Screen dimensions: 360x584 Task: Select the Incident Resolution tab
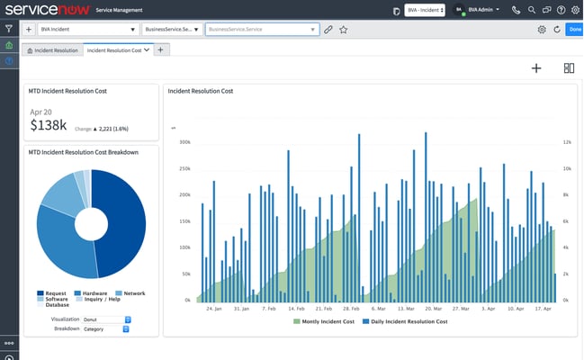point(52,50)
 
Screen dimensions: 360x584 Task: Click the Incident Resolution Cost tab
point(113,50)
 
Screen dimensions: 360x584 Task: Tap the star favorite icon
point(344,30)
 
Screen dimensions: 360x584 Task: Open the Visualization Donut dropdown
point(106,319)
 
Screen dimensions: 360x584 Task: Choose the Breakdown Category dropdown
point(106,328)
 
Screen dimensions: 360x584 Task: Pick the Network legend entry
point(133,293)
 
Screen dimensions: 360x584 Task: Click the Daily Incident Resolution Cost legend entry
point(404,321)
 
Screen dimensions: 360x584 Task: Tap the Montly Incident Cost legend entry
point(325,321)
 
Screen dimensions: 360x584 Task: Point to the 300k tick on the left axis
point(184,142)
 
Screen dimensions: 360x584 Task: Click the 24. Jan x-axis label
point(214,309)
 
